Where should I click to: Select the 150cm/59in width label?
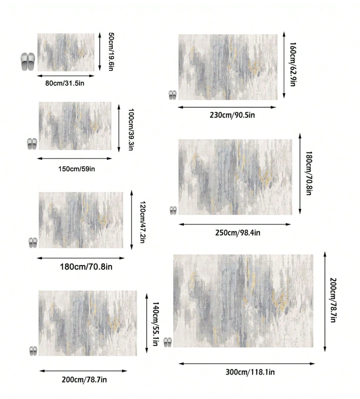tap(76, 168)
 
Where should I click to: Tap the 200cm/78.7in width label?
tap(84, 379)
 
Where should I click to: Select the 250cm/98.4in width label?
tap(237, 232)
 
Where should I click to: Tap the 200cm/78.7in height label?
tap(333, 300)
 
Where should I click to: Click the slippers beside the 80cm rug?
tap(28, 62)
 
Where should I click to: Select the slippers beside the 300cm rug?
tap(168, 342)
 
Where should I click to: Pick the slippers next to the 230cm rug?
tap(172, 95)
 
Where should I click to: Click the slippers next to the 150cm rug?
tap(32, 144)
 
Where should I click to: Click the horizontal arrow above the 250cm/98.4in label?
tap(235, 225)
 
